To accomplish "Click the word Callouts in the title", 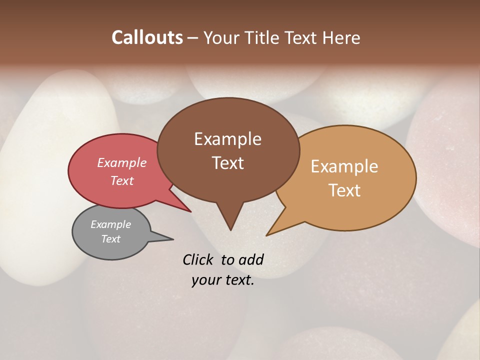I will click(x=147, y=37).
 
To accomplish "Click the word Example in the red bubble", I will click(x=121, y=163).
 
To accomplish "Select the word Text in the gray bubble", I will click(x=110, y=239).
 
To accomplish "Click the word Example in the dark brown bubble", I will click(x=227, y=139).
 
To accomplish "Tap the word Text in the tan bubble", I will click(x=344, y=190).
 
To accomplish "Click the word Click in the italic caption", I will click(x=198, y=259).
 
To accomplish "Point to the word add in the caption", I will click(x=250, y=259).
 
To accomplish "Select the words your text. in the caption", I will click(x=222, y=280).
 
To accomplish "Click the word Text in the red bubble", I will click(x=121, y=181).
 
